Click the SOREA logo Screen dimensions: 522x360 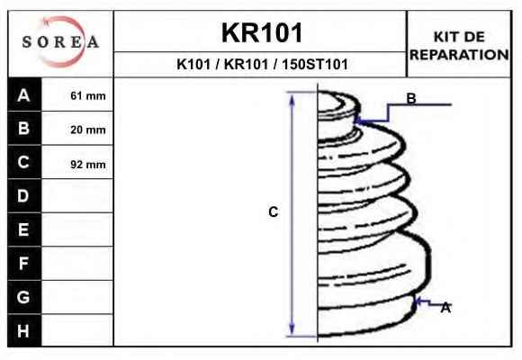click(60, 42)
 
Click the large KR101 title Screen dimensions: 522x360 click(262, 33)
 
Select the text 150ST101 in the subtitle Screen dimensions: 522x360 click(315, 64)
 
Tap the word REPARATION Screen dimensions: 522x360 click(459, 55)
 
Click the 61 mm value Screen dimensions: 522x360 click(88, 96)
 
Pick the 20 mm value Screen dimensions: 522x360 click(88, 130)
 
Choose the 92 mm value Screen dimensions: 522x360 click(88, 164)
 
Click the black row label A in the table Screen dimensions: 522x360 click(23, 95)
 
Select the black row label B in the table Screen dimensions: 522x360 click(23, 128)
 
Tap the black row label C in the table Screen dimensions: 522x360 click(23, 162)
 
